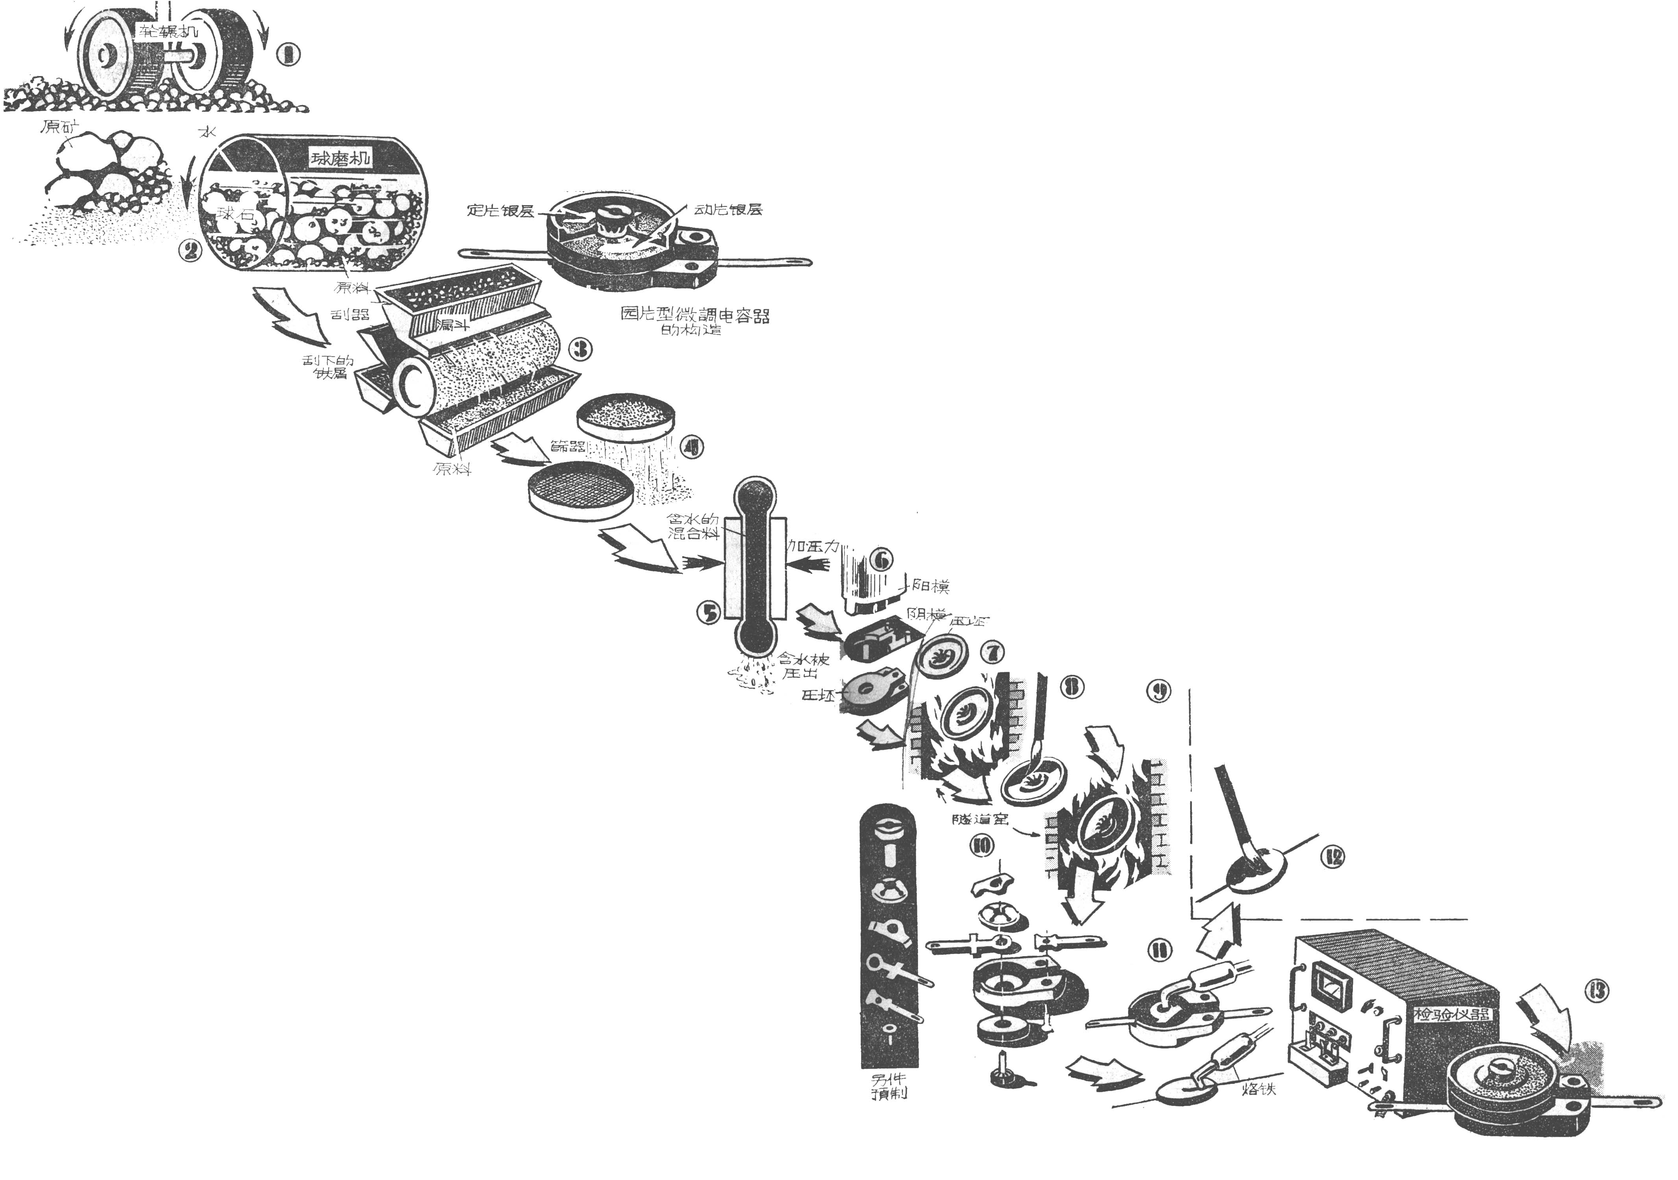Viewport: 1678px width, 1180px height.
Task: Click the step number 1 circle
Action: (x=289, y=54)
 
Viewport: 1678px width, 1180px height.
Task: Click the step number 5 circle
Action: (x=709, y=613)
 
